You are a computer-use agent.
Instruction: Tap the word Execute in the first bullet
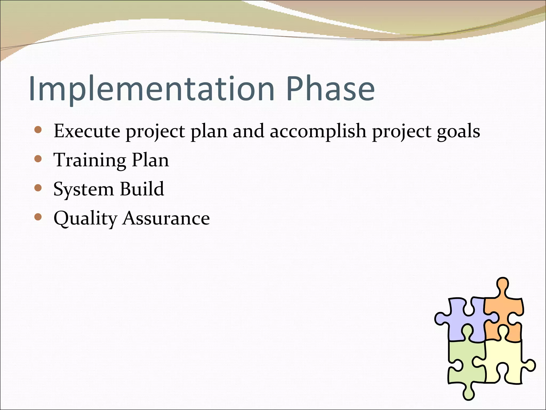click(87, 131)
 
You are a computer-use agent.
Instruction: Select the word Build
click(142, 189)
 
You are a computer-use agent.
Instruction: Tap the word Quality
click(85, 219)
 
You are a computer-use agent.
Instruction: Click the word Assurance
click(166, 218)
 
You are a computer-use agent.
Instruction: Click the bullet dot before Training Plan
click(38, 159)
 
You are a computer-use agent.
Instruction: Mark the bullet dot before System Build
click(38, 188)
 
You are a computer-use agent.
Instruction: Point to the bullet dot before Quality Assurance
click(38, 217)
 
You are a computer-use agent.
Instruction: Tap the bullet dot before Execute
click(38, 130)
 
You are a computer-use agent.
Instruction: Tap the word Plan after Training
click(150, 160)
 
